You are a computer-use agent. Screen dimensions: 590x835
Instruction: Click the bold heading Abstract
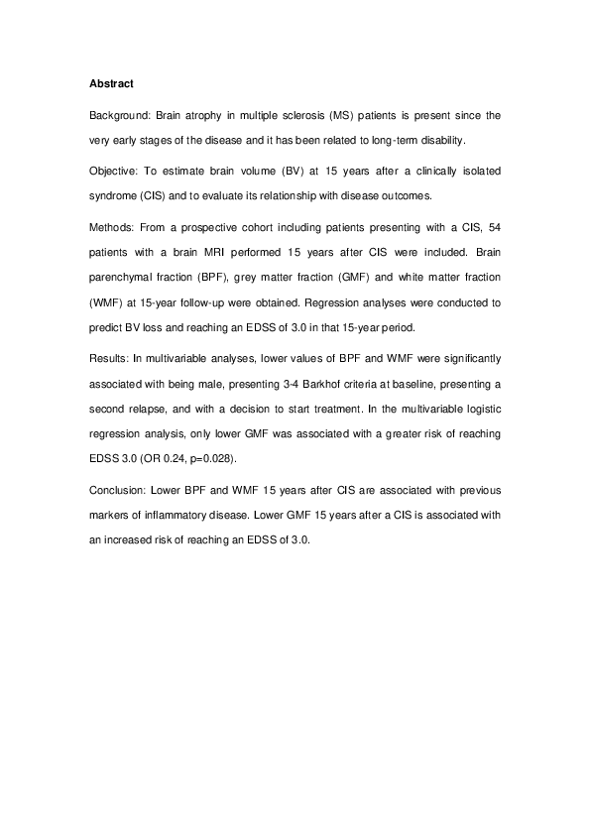[x=104, y=83]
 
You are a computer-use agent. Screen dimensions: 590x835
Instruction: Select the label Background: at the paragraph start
[x=120, y=115]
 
